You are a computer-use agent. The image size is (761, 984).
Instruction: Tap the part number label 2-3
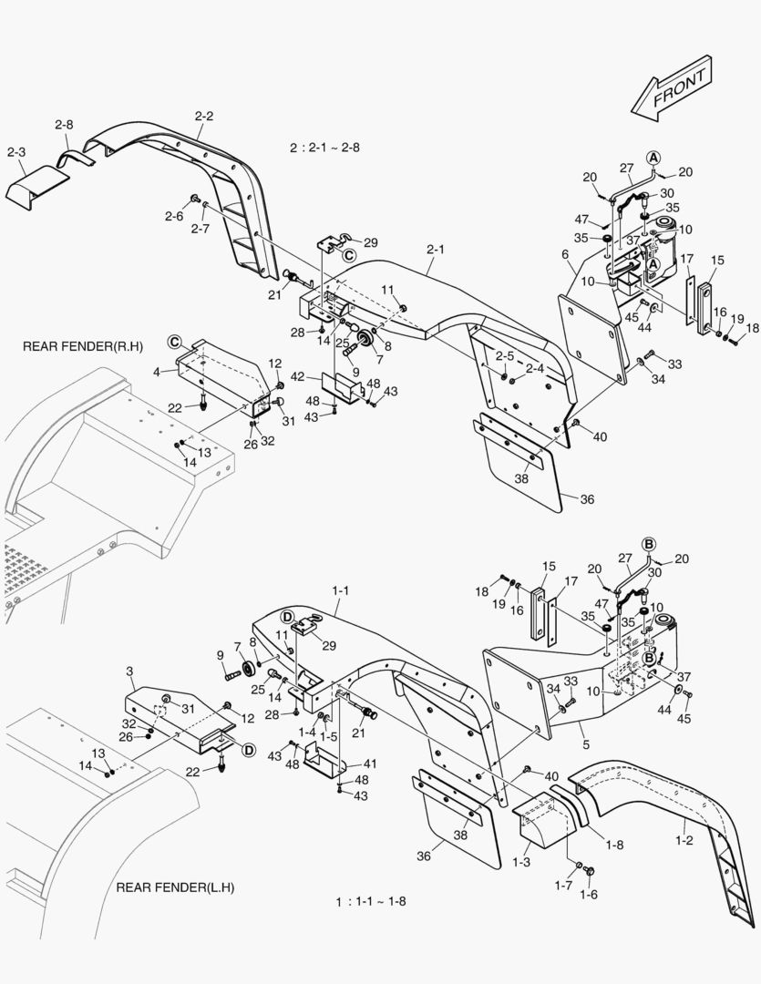point(16,151)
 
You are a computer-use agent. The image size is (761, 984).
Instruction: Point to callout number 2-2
point(203,116)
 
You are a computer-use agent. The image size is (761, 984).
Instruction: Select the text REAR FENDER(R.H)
point(77,347)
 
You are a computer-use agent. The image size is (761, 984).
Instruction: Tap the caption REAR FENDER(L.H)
point(175,887)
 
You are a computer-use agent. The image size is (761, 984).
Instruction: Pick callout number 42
point(297,375)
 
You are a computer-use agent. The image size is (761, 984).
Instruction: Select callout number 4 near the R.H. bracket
point(156,372)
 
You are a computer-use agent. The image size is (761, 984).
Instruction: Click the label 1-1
point(340,591)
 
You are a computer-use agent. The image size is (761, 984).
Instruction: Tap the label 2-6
point(173,215)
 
